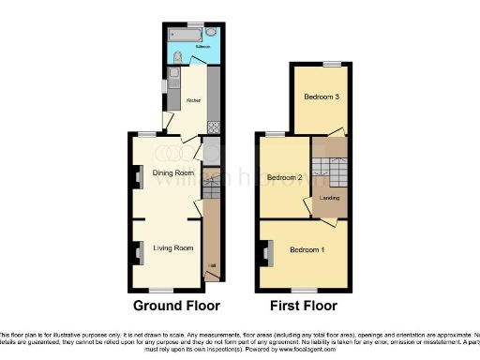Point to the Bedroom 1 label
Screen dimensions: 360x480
point(307,249)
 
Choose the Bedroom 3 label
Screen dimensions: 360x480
point(321,97)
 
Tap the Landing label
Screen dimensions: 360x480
point(330,198)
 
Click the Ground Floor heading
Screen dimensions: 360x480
point(176,306)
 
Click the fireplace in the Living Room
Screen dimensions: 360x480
point(138,248)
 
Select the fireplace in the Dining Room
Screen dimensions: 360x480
point(138,176)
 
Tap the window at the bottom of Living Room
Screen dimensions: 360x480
point(165,287)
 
